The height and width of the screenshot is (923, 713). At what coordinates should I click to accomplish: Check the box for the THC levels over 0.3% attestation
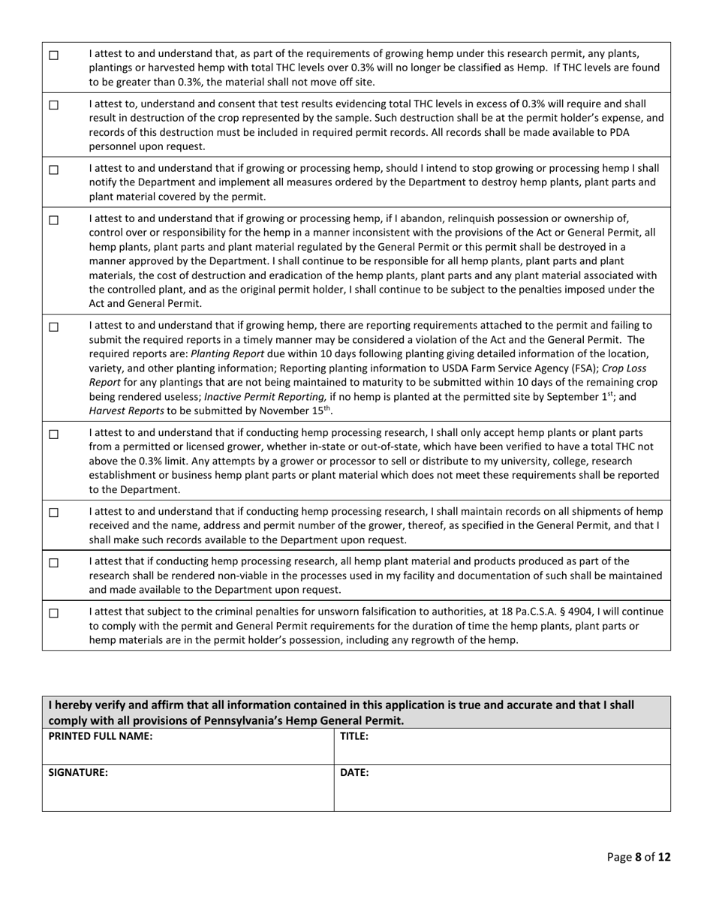coord(53,56)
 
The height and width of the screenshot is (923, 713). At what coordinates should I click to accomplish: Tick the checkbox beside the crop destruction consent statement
coord(53,106)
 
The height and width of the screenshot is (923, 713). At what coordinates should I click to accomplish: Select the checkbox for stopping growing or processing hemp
coord(53,170)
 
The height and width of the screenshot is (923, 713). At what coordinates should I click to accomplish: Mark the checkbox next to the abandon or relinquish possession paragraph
coord(53,221)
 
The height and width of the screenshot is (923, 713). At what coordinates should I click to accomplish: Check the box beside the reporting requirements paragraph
coord(53,327)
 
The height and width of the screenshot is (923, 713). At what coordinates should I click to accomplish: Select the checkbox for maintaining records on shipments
coord(53,513)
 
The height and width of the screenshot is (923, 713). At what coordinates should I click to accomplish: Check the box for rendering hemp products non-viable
coord(53,563)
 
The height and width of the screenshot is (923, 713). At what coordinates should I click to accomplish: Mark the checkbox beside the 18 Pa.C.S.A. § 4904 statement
coord(53,613)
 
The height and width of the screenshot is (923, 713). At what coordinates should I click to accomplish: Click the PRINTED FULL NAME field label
coord(101,737)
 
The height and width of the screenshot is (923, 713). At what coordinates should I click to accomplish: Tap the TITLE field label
coord(354,737)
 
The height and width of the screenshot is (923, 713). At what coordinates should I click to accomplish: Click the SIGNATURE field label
coord(78,772)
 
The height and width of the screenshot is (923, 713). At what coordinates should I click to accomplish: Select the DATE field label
coord(354,772)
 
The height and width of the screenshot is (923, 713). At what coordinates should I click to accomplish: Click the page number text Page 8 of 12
coord(638,857)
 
